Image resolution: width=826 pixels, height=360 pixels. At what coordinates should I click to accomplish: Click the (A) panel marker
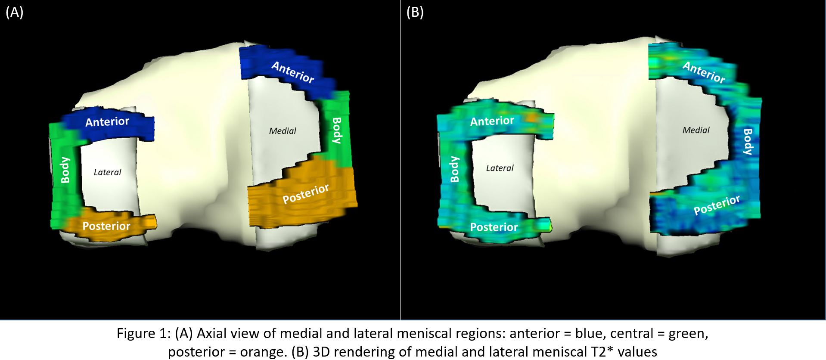tap(14, 12)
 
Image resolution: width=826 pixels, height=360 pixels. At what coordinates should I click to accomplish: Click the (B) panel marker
tap(415, 12)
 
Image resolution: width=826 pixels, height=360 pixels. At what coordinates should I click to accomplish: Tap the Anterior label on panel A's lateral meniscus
tap(107, 122)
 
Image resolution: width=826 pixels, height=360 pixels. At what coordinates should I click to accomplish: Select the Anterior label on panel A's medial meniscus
tap(293, 72)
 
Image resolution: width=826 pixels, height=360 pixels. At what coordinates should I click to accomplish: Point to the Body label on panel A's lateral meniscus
tap(65, 170)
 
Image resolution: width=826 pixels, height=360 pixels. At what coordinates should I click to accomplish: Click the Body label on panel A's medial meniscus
tap(337, 130)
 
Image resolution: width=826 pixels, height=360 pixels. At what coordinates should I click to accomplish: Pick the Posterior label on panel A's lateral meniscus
tap(106, 226)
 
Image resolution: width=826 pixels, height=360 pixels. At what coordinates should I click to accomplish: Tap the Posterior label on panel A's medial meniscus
tap(306, 193)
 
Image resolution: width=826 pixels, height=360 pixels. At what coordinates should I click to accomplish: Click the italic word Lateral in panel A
tap(107, 172)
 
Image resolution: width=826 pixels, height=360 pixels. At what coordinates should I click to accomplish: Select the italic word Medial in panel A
tap(283, 131)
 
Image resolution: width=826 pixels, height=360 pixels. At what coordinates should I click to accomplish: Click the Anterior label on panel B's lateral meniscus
tap(492, 121)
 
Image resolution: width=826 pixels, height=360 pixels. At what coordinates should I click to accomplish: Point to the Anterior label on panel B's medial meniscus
tap(704, 72)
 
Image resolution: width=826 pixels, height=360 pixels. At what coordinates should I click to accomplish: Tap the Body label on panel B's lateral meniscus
tap(454, 169)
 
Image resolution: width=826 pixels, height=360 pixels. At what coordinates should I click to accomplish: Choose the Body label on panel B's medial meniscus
tap(748, 142)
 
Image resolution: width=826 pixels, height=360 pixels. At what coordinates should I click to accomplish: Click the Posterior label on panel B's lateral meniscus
tap(494, 227)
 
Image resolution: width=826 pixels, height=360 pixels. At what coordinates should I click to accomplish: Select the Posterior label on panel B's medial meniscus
tap(717, 205)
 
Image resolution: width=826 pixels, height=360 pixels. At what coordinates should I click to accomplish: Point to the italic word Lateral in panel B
tap(500, 168)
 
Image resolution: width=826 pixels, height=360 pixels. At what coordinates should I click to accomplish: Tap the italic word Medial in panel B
tap(696, 130)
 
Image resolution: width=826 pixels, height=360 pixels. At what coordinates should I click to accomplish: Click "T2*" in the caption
tap(600, 352)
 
